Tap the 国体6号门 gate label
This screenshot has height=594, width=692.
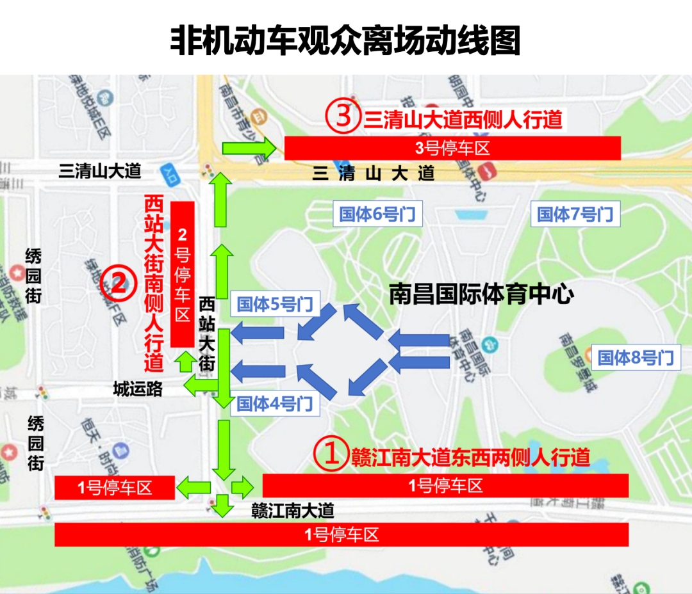pos(377,214)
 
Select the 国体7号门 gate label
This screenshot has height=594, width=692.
pos(575,214)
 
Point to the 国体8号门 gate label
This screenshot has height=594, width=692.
pos(635,357)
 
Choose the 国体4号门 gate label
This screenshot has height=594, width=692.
pos(275,404)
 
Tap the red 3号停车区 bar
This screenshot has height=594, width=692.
pos(452,148)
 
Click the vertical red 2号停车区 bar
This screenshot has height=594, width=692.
pos(183,274)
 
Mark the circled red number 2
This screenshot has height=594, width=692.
pos(119,283)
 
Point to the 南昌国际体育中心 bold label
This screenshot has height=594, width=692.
pos(481,294)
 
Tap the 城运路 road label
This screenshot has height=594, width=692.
pos(138,389)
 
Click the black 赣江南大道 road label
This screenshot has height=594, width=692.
pos(293,510)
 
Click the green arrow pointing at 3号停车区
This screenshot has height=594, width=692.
pos(249,148)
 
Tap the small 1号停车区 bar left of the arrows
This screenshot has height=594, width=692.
pos(115,488)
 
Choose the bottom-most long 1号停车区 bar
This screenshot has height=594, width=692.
pos(342,534)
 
